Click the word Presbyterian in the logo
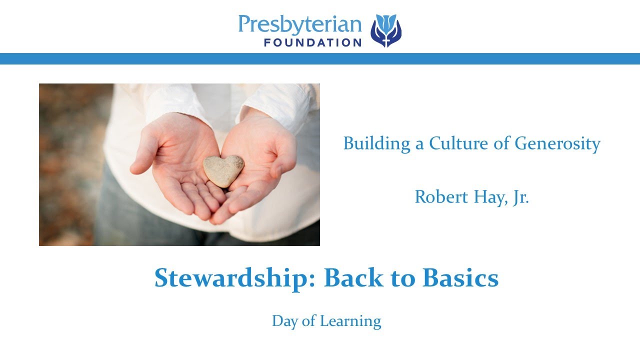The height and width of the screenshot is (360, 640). click(300, 24)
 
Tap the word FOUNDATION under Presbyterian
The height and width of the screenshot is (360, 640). click(313, 43)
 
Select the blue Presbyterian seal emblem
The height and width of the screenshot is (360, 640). click(386, 30)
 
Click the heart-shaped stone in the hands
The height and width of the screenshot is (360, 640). click(223, 171)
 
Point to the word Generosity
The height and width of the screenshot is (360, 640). click(557, 143)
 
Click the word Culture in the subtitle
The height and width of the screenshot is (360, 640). click(458, 143)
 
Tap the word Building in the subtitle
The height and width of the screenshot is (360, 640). click(376, 143)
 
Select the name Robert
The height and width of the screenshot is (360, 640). click(441, 196)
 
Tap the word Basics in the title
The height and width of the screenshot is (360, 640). click(460, 277)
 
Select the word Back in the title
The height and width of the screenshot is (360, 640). click(353, 277)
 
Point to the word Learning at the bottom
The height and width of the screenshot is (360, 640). click(350, 321)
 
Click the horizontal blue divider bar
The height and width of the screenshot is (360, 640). click(320, 58)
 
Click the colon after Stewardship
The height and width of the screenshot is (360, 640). click(311, 280)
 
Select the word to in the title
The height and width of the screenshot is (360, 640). click(403, 278)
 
